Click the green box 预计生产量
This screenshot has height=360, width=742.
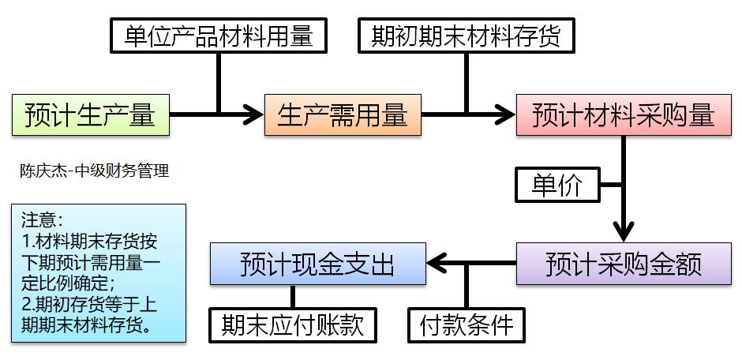point(90,115)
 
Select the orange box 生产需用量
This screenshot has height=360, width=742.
point(343,115)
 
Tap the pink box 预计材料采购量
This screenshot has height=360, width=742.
point(623,115)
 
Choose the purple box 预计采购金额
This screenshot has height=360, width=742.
point(623,264)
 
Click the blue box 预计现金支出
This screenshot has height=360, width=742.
point(317,264)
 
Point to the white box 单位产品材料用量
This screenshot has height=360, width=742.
point(219,36)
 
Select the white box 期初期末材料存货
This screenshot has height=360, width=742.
point(466,36)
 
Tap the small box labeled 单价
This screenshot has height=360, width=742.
point(557,186)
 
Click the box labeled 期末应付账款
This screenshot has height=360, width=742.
point(293,324)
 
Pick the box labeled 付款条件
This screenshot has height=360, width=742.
point(466,324)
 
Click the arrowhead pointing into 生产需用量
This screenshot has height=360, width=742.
point(253,115)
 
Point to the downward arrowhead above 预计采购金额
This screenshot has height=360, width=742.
point(624,233)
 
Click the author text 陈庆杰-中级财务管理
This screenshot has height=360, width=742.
point(94,171)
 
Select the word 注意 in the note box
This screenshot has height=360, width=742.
point(39,219)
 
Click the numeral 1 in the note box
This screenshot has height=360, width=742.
point(25,241)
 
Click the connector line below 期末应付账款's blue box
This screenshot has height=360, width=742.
point(293,296)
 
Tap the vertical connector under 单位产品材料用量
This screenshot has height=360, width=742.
point(219,83)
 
